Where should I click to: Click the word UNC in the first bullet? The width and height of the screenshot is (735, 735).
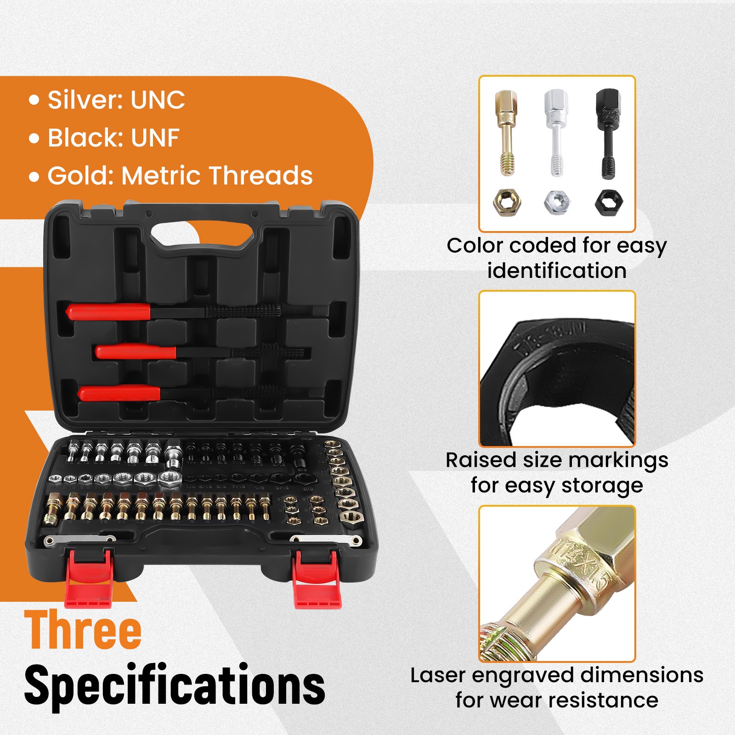pos(158,100)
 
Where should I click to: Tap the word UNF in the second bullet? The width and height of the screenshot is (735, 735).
pos(155,137)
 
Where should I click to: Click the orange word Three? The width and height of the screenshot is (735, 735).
pos(83,630)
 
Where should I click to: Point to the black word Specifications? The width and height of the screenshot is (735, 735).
pos(175,685)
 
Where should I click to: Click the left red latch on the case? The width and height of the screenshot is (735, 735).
pos(89,579)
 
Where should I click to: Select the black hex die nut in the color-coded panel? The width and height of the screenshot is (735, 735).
pos(609,202)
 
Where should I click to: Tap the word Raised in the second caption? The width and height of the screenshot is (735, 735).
pos(481,460)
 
